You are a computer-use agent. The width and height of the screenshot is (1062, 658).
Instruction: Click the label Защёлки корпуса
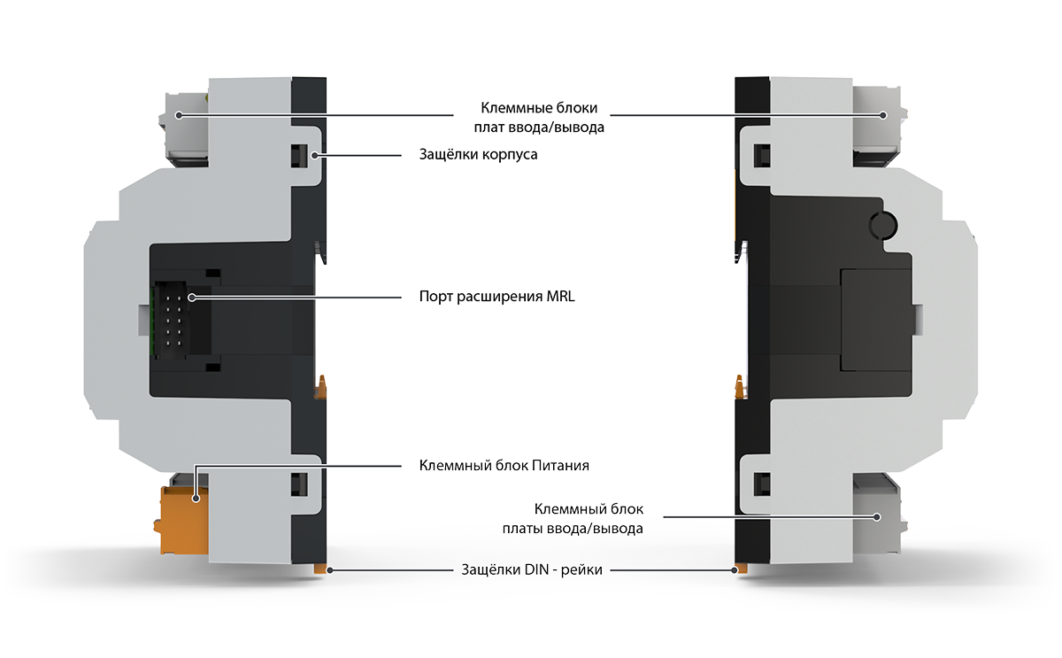478,155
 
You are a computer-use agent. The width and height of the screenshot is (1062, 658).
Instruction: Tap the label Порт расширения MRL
496,297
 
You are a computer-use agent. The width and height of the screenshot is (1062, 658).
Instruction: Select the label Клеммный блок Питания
504,466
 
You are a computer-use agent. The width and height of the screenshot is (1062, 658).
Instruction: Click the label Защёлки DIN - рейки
532,569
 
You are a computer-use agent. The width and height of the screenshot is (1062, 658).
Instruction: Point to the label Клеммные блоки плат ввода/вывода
539,118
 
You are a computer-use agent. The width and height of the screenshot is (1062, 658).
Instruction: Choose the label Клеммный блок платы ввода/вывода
573,519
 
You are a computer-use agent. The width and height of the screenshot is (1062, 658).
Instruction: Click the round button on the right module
883,225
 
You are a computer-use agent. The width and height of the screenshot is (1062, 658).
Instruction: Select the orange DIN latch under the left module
320,569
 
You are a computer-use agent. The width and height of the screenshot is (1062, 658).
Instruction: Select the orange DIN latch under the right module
741,569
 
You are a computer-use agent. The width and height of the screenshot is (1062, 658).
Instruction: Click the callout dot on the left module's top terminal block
178,115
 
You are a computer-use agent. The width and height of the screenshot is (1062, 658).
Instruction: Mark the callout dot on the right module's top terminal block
883,115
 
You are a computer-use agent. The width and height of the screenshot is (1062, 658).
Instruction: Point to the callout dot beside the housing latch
314,155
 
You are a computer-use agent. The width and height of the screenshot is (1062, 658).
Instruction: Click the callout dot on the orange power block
195,499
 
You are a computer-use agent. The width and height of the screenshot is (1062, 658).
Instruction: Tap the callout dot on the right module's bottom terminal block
877,517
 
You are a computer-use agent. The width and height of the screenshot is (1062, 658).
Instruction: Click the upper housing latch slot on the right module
762,156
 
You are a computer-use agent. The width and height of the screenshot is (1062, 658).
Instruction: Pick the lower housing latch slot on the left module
299,484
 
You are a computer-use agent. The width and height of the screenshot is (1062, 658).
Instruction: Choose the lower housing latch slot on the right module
762,484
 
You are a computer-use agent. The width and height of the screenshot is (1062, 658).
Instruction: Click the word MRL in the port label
560,297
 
